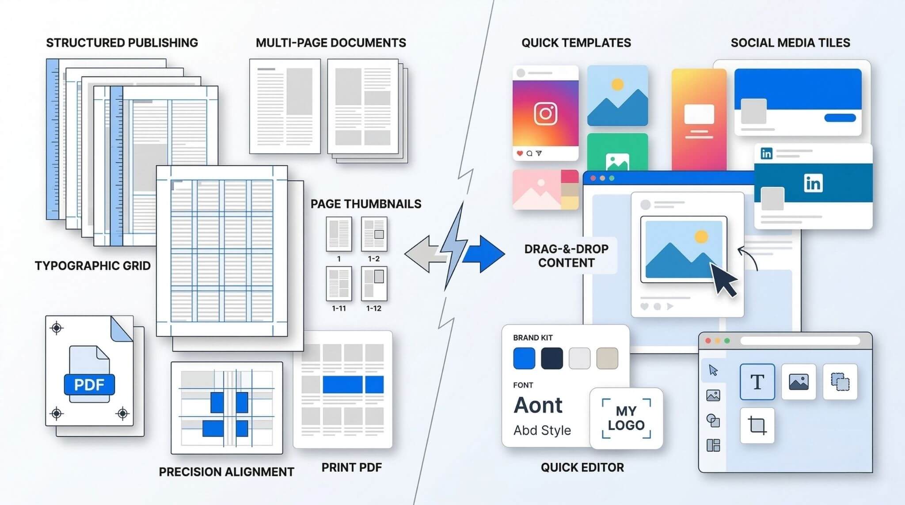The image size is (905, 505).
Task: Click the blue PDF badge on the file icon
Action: pos(89,384)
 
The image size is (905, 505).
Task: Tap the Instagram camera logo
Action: pos(546,114)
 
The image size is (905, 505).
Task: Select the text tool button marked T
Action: pos(757,382)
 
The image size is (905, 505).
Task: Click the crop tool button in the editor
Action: pos(757,425)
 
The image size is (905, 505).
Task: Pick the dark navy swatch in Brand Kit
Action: pos(552,358)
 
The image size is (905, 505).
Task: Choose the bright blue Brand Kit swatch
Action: pos(524,358)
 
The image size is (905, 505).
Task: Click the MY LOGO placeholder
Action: pos(626,418)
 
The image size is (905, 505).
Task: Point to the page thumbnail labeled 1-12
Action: pos(374,283)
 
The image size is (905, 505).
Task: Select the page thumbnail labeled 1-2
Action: pos(374,234)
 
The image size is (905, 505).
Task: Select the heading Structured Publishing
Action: pos(122,43)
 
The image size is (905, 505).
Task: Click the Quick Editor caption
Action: pos(582,467)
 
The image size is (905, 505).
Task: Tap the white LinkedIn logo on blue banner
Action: pos(813,183)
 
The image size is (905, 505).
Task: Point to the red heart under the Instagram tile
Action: pos(520,153)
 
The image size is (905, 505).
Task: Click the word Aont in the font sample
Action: pos(538,405)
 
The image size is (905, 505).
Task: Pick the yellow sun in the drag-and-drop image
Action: pos(701,237)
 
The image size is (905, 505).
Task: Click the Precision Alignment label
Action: pos(226,472)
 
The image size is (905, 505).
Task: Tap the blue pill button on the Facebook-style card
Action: pos(840,118)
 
